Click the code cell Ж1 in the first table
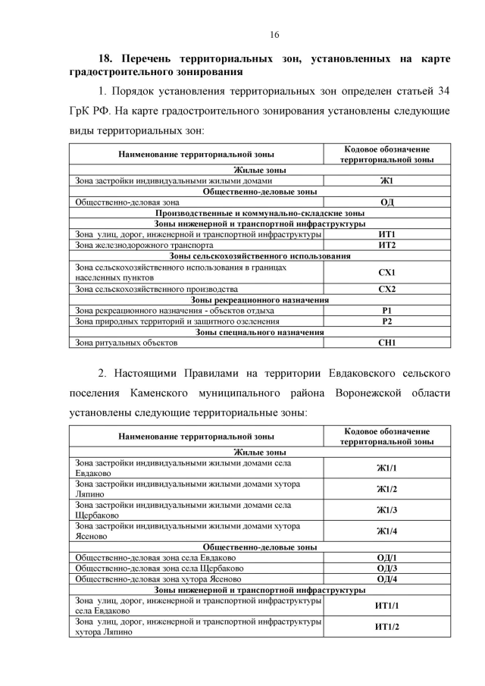[386, 182]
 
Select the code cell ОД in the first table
[386, 202]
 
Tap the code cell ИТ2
[386, 246]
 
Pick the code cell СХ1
[386, 272]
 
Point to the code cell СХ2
[386, 290]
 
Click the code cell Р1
[386, 311]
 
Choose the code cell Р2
[386, 321]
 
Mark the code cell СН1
[386, 343]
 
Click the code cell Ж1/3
[386, 510]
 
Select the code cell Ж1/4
[386, 531]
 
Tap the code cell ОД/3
[386, 568]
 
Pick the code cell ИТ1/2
[386, 627]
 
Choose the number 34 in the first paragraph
[444, 91]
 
